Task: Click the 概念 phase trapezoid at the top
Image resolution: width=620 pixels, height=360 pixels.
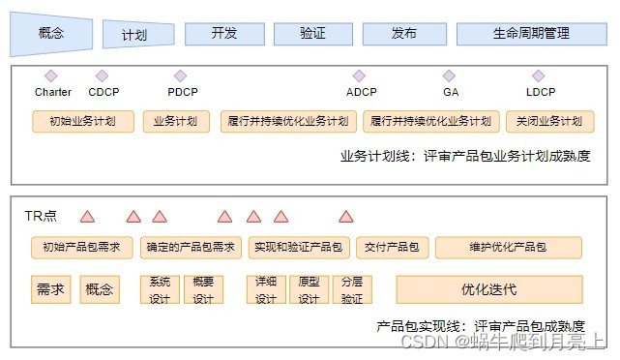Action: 51,34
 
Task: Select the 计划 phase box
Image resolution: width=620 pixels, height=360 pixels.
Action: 138,35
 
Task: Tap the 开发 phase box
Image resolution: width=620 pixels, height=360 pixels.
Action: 224,34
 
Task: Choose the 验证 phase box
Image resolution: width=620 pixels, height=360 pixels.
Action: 313,34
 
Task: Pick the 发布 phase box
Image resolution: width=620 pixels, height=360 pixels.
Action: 404,34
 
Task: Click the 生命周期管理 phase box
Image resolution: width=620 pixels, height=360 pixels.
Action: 531,34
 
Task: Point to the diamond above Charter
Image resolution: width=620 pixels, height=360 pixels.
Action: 51,75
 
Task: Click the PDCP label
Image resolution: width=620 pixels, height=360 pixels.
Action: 183,92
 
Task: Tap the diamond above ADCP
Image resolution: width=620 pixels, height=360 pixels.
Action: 359,75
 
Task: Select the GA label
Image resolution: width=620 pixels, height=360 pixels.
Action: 451,92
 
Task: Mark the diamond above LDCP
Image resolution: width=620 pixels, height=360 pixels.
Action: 539,75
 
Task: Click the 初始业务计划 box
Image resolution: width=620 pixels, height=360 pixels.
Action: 83,121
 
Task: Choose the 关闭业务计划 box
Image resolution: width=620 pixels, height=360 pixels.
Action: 550,121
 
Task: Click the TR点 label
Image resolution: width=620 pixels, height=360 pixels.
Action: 41,216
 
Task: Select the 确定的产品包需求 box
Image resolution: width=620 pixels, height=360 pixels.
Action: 191,248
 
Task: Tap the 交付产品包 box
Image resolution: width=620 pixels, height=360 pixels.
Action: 393,248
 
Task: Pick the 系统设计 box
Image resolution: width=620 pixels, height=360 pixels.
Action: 160,289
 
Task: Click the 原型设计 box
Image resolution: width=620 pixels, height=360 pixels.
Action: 310,289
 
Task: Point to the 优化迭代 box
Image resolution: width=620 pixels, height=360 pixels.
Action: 489,289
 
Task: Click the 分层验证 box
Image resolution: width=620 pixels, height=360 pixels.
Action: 352,289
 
